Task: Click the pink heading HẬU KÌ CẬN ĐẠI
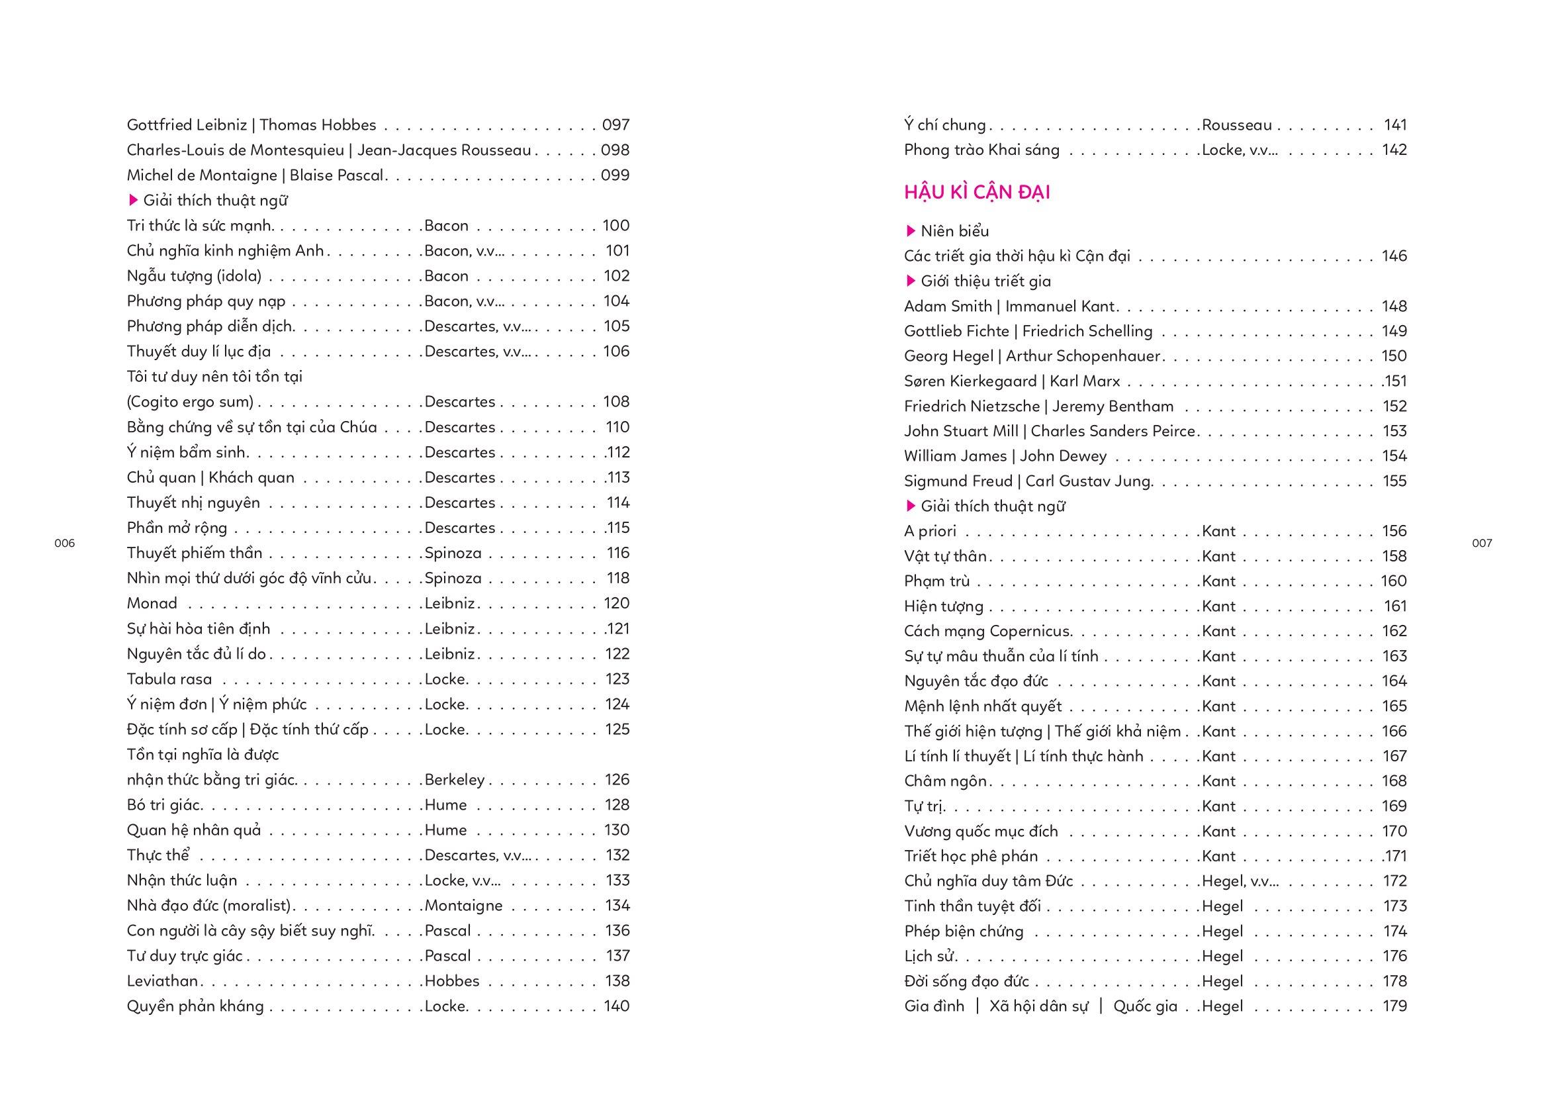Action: coord(977,193)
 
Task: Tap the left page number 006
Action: coord(64,544)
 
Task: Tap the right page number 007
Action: coord(1482,544)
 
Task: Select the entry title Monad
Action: coord(152,604)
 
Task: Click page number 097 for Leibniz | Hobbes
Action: coord(615,124)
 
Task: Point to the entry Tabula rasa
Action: coord(169,679)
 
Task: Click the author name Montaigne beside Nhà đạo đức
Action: coord(463,906)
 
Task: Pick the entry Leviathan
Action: coord(163,981)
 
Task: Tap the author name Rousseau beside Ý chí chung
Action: coord(1236,124)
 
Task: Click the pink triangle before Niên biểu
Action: coord(911,231)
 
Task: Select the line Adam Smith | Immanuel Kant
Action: coord(1009,306)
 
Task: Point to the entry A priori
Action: coord(931,532)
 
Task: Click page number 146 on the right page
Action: coord(1394,256)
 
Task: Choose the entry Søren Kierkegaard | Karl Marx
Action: coord(1012,381)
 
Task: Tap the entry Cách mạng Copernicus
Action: coord(987,631)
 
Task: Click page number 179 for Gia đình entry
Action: coord(1394,1006)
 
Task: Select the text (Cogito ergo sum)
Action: coord(190,402)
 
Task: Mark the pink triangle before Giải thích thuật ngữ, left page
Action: coord(133,200)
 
